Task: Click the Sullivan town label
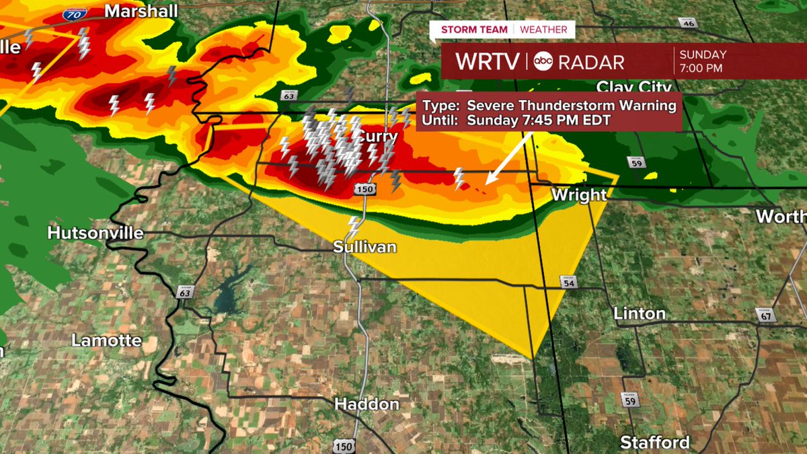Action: point(364,247)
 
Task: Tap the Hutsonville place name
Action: point(95,233)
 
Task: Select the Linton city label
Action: point(640,313)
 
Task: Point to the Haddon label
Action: point(367,404)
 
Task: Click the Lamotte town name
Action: point(107,340)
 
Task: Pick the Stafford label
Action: point(654,442)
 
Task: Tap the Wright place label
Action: point(579,195)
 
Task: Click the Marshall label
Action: point(142,11)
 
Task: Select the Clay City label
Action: point(634,87)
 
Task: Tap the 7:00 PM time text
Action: point(701,68)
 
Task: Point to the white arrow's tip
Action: point(486,183)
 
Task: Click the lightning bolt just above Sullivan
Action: point(353,227)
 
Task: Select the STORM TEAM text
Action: point(475,30)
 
